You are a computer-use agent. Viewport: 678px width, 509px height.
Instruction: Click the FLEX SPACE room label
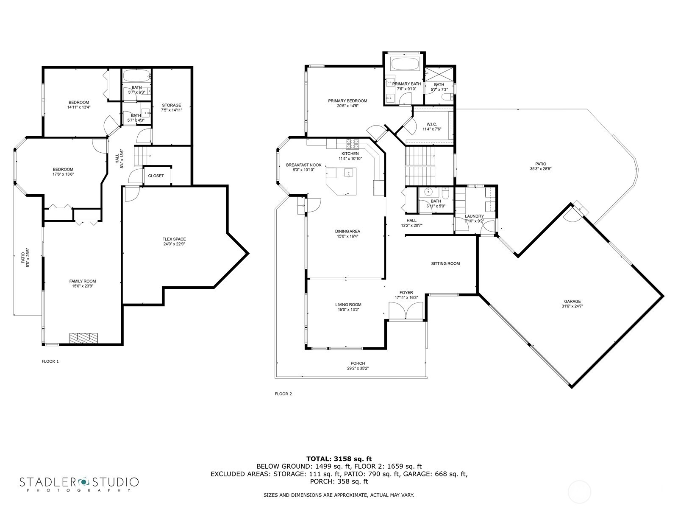(x=174, y=239)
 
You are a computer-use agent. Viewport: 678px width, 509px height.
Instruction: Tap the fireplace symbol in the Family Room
(x=84, y=338)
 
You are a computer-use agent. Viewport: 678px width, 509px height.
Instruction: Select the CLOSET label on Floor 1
(x=156, y=176)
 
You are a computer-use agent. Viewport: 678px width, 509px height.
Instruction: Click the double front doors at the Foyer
(x=406, y=311)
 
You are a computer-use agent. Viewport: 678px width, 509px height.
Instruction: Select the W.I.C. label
(x=432, y=124)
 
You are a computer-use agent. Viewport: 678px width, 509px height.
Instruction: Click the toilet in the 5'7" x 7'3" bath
(x=445, y=98)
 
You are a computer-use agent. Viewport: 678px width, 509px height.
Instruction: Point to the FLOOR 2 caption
(x=283, y=394)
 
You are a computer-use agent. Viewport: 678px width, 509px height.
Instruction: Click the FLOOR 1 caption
(x=50, y=361)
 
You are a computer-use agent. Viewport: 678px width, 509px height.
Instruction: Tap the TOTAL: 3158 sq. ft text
(x=339, y=459)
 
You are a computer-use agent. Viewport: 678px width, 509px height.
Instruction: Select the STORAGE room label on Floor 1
(x=171, y=105)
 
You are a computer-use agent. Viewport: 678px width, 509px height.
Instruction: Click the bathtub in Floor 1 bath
(x=136, y=77)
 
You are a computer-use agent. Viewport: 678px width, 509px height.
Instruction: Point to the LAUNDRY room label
(x=474, y=216)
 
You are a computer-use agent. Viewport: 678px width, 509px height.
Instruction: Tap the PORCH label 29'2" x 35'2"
(x=358, y=364)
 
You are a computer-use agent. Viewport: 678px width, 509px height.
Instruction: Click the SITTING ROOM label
(x=445, y=263)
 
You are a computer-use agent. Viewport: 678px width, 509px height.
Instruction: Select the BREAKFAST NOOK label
(x=303, y=165)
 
